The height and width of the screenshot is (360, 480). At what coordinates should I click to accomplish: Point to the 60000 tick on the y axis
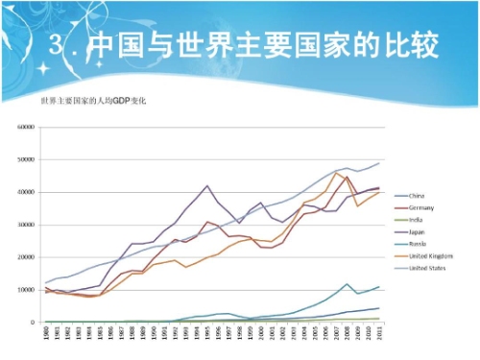coord(25,127)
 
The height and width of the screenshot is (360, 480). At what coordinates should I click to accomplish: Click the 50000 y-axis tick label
coord(25,159)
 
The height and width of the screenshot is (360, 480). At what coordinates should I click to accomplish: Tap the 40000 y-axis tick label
coord(25,192)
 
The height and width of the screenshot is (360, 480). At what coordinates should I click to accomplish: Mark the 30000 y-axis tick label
coord(25,225)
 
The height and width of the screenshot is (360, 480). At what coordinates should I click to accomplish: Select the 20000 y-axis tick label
coord(25,257)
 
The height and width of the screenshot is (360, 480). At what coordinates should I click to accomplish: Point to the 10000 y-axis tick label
coord(25,290)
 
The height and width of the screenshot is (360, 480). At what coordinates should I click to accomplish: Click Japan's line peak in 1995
coord(206,186)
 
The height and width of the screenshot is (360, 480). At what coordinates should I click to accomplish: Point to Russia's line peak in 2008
coord(347,284)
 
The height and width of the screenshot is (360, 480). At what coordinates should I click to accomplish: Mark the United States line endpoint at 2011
coord(378,163)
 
